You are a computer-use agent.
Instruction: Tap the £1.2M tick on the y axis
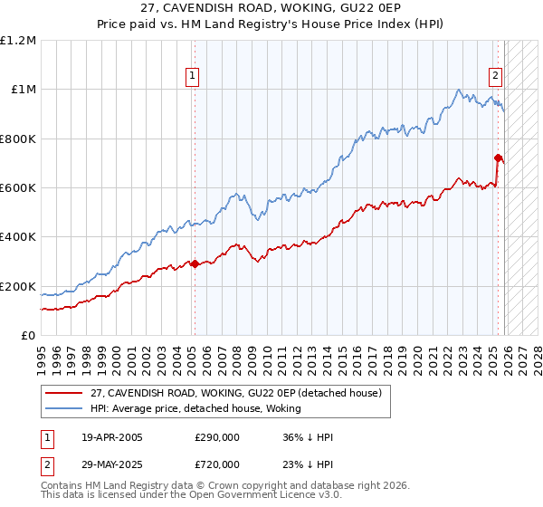coord(18,41)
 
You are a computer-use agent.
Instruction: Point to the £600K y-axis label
coord(18,188)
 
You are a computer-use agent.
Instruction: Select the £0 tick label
coord(29,335)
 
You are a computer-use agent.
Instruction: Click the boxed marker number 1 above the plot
coord(194,77)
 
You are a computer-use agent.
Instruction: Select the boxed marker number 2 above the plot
coord(496,77)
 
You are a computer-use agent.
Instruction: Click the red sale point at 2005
coord(195,264)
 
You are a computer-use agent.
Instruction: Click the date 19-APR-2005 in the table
coord(110,437)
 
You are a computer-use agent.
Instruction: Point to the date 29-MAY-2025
coord(111,463)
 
